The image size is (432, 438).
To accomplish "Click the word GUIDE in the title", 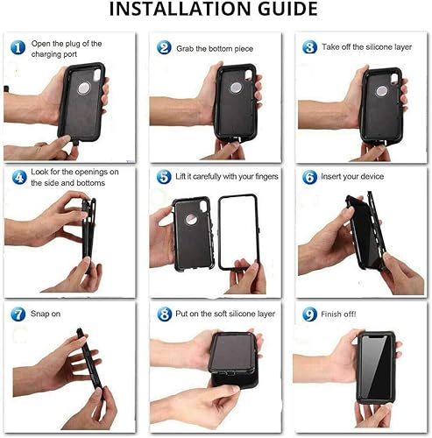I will tap(282, 11).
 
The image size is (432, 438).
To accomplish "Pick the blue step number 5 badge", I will tap(163, 177).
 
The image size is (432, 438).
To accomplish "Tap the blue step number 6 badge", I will tap(308, 177).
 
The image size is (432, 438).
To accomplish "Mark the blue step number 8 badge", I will tap(163, 313).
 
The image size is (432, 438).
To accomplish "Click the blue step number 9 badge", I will tap(308, 313).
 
